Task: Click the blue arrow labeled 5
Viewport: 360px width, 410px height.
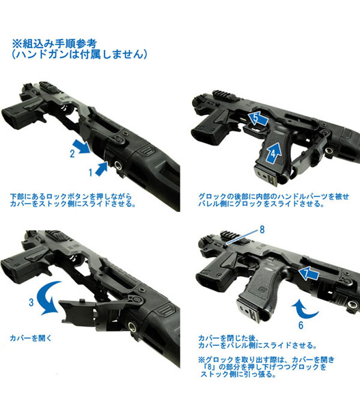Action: [258, 119]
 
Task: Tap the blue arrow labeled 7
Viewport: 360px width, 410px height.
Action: [309, 273]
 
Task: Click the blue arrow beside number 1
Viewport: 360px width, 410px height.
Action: [101, 169]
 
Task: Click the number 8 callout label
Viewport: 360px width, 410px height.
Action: [262, 230]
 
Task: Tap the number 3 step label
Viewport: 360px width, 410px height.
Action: [31, 302]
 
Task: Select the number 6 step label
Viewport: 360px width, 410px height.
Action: [301, 325]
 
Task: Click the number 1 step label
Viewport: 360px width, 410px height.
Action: [90, 173]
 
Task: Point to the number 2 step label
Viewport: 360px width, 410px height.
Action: [72, 154]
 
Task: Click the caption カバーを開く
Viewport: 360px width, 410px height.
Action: [31, 338]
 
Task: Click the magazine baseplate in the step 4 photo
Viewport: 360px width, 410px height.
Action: [266, 177]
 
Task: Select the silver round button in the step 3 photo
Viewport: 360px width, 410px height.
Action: [132, 327]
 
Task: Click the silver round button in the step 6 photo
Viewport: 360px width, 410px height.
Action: [352, 305]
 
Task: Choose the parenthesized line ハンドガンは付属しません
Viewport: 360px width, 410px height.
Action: [79, 55]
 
